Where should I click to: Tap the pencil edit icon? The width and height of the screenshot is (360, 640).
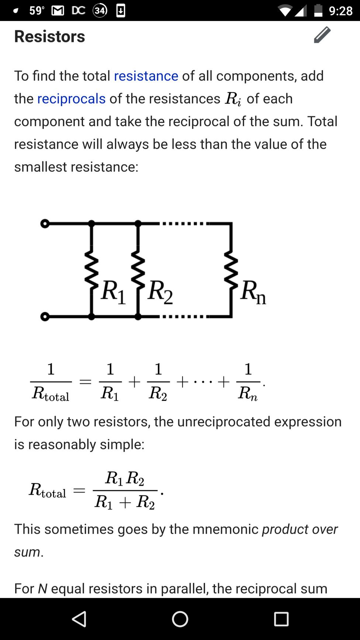[x=322, y=35]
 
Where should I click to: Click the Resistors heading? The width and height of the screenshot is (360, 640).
[x=49, y=36]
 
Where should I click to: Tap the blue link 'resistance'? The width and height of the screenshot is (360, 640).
[x=146, y=76]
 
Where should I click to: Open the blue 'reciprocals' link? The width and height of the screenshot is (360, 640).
[x=71, y=99]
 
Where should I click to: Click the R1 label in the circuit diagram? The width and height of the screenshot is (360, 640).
[x=113, y=292]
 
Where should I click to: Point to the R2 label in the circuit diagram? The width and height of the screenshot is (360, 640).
[x=160, y=292]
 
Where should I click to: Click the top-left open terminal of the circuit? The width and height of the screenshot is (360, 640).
[x=45, y=224]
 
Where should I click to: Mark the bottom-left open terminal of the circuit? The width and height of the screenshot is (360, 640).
[x=45, y=316]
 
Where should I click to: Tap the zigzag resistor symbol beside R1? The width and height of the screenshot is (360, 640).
[x=91, y=270]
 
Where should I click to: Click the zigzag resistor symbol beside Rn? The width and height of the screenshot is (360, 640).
[x=232, y=270]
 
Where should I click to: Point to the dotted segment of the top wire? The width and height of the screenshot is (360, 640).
[x=183, y=224]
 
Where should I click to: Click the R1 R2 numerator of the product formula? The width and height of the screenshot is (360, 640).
[x=125, y=478]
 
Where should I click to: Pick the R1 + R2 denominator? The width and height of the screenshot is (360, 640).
[x=125, y=502]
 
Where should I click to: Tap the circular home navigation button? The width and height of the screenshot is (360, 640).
[x=180, y=619]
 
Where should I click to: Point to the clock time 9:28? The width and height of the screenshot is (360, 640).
[x=341, y=11]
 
